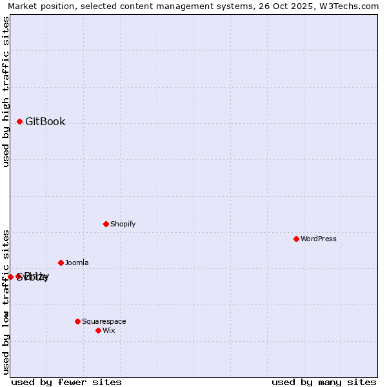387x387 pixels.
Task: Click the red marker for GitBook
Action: (20, 121)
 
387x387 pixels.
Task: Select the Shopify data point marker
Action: (106, 224)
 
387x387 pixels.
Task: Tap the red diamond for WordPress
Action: (296, 239)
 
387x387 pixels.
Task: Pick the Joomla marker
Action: (61, 263)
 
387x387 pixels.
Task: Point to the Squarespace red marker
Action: (77, 321)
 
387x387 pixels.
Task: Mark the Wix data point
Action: (98, 330)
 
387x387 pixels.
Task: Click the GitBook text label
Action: (45, 121)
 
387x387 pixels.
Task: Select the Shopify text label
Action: (123, 224)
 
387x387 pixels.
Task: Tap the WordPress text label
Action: (319, 239)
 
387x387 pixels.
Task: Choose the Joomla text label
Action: (77, 263)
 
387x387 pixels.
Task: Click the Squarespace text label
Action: (104, 321)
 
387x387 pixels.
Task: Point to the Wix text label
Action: (109, 330)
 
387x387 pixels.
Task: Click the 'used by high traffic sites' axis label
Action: (6, 92)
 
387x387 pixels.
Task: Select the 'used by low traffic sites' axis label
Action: (6, 301)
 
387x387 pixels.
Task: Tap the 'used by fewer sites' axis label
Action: (66, 382)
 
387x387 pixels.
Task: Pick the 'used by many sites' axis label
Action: (324, 382)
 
